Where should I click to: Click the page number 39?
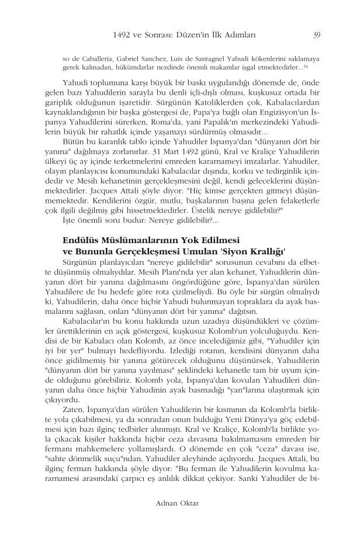(x=316, y=34)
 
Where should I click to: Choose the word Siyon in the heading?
(x=228, y=268)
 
